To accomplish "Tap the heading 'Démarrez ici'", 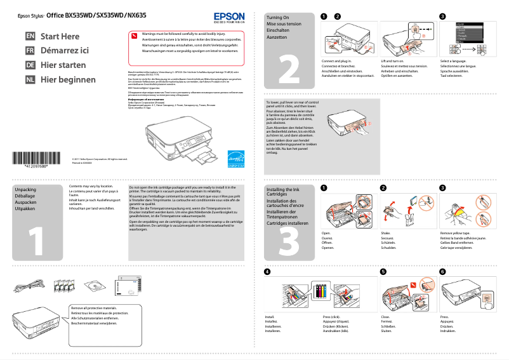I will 65,51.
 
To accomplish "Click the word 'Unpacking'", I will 25,190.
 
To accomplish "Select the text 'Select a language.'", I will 458,62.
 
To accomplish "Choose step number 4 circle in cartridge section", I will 267,272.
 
